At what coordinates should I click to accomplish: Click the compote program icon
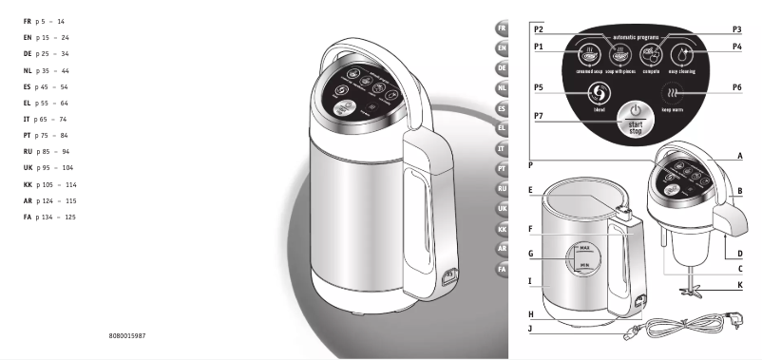point(650,53)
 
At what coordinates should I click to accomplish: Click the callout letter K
point(739,285)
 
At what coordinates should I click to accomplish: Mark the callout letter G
point(532,253)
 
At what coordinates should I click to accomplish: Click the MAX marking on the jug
point(584,246)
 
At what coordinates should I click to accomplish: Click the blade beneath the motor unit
point(692,286)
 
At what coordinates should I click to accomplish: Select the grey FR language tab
point(502,28)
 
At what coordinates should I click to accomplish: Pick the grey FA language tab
point(502,269)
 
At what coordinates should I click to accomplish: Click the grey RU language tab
point(502,188)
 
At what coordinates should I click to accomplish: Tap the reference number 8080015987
point(127,336)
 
